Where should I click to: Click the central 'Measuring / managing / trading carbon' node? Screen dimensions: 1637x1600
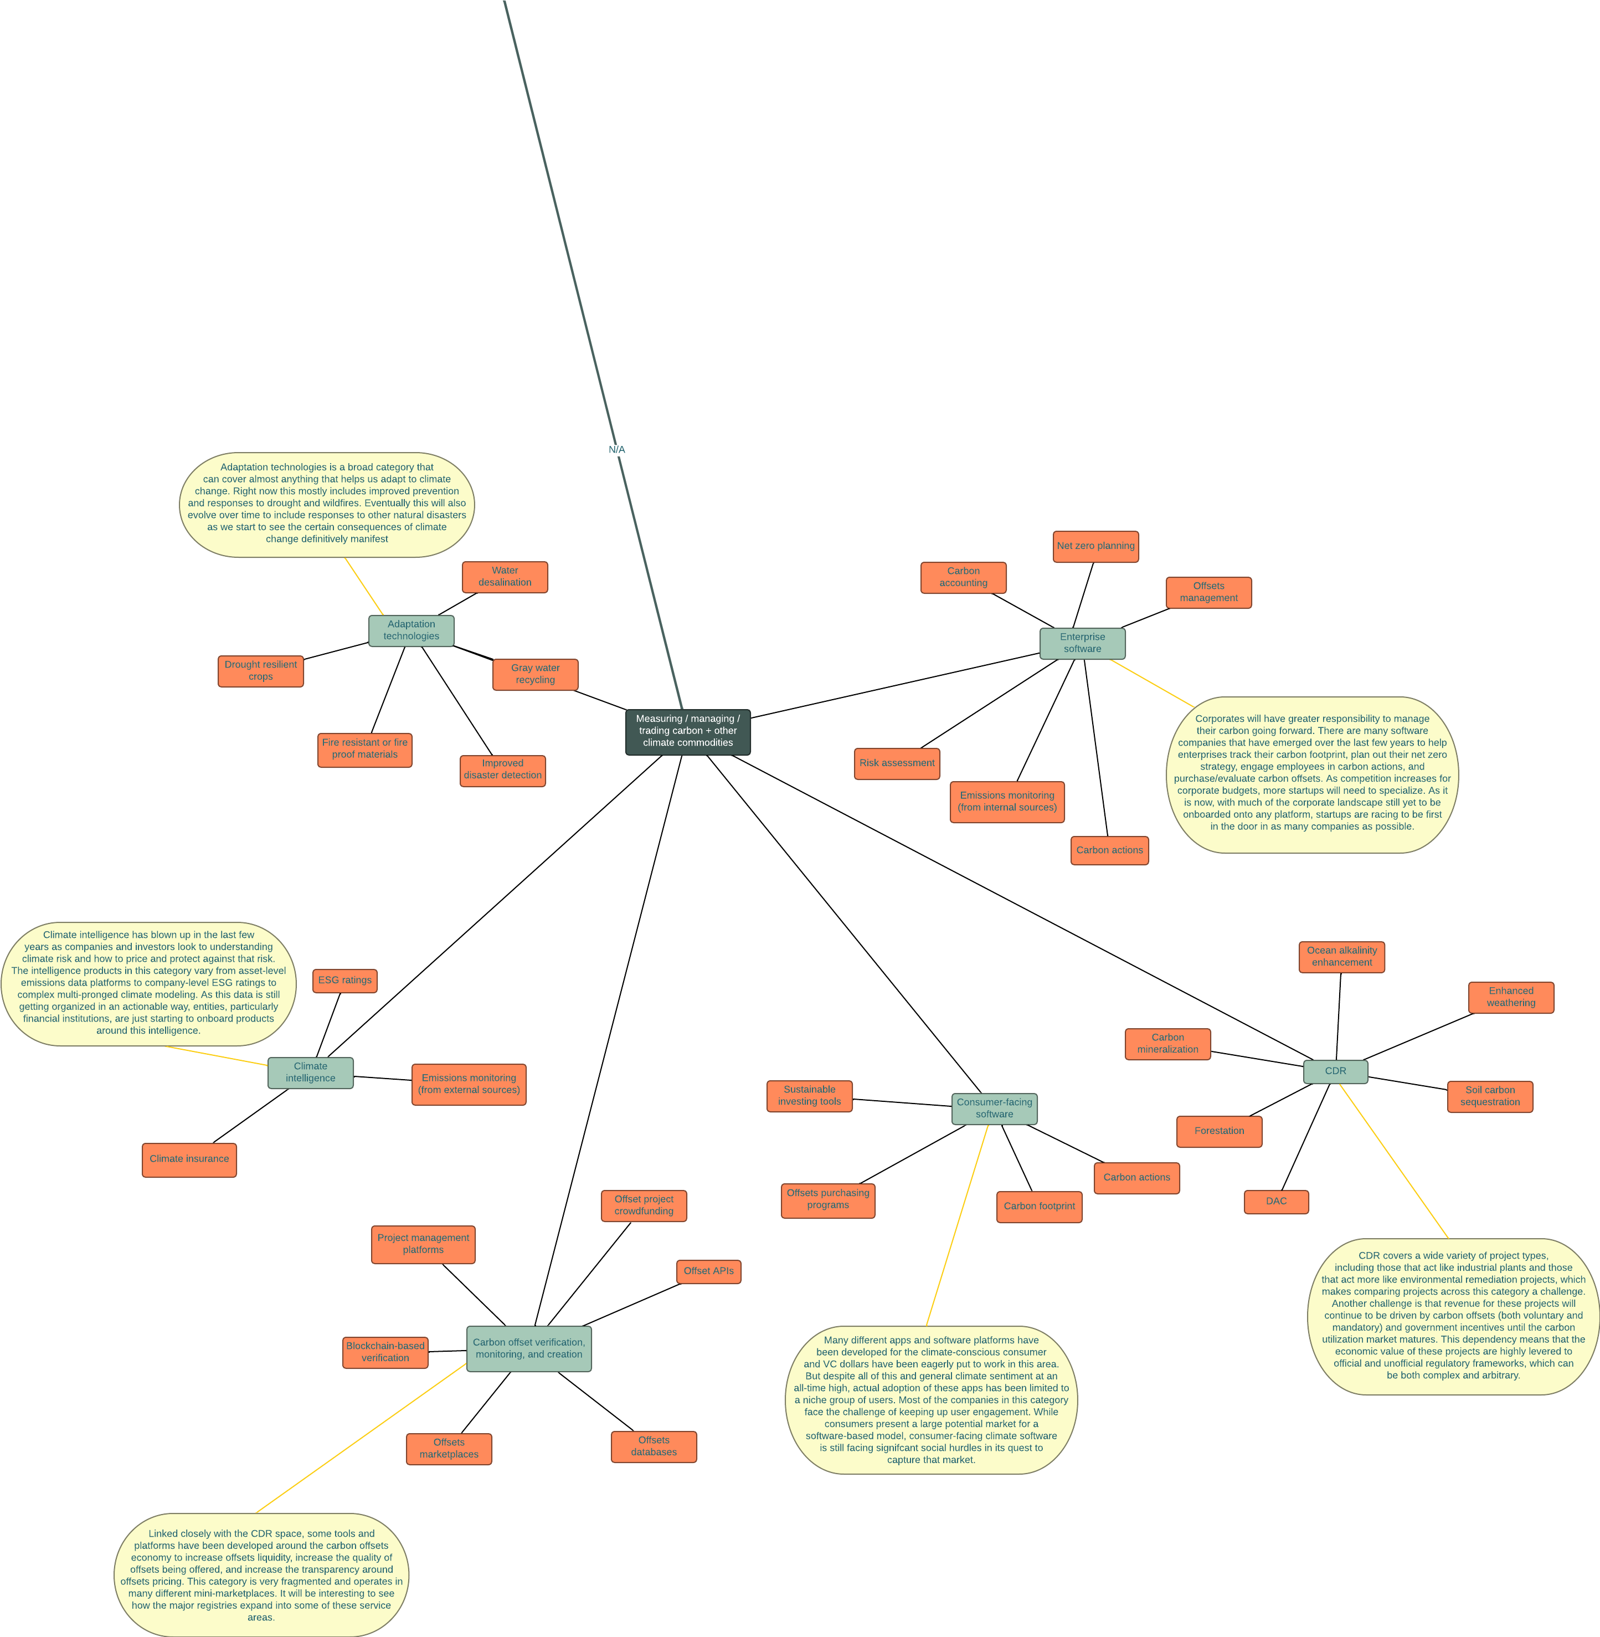(x=687, y=731)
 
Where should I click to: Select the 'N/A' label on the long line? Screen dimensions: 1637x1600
(x=617, y=450)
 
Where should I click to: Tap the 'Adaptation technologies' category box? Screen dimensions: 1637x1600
(x=411, y=630)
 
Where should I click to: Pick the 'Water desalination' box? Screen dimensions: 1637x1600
(x=504, y=577)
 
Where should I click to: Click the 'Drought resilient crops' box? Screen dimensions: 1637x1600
(x=260, y=671)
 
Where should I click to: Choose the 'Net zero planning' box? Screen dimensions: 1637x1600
(x=1095, y=546)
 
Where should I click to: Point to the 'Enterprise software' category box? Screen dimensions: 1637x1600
(x=1082, y=643)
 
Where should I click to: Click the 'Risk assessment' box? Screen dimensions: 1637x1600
(x=897, y=763)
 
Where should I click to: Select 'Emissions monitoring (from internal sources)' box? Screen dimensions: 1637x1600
(x=1007, y=802)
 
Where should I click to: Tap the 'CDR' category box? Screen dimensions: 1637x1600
(x=1335, y=1071)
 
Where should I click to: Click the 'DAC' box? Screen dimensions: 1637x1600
(x=1275, y=1201)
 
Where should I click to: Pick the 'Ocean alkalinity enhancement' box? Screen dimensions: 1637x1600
(x=1341, y=956)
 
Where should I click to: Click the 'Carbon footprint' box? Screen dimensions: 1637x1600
(x=1038, y=1206)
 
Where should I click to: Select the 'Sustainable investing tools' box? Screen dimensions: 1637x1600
(x=809, y=1096)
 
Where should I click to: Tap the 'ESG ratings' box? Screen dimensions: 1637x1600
(x=344, y=980)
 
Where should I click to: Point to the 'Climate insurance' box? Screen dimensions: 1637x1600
(x=189, y=1159)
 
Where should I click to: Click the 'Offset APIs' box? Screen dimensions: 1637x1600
(x=708, y=1271)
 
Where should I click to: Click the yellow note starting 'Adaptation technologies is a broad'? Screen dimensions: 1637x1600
(x=327, y=504)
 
